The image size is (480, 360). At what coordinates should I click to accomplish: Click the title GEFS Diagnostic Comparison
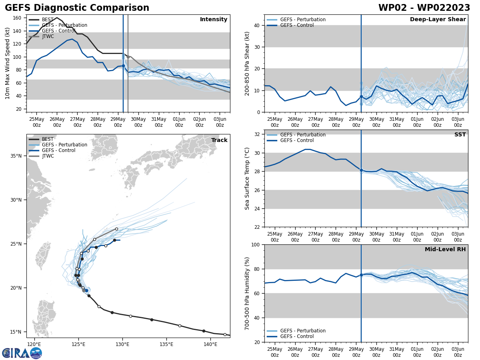77,8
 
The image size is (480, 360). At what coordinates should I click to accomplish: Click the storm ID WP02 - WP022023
424,8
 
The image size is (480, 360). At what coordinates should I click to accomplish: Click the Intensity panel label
214,20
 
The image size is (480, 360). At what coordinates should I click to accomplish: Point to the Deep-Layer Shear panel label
438,20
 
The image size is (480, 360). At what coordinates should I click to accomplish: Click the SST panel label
460,135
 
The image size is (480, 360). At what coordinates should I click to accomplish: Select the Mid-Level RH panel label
445,250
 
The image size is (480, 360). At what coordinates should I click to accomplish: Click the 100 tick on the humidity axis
256,244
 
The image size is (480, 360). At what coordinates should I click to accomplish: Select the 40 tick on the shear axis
258,26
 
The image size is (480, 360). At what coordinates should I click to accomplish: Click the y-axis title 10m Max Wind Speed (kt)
8,63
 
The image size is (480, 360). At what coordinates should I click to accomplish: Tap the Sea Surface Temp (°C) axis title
247,178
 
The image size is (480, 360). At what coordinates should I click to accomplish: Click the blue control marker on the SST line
361,170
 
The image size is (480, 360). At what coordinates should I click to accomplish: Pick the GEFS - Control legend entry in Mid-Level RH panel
297,336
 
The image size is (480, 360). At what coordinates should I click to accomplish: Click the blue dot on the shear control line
361,96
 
